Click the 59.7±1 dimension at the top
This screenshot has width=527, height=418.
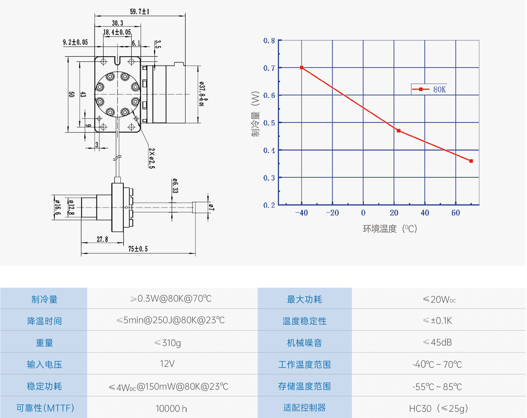click(x=139, y=12)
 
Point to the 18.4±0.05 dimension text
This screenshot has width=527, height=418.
click(x=117, y=32)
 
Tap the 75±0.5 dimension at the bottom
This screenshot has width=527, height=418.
click(x=138, y=249)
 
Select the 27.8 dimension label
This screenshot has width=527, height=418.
click(x=102, y=239)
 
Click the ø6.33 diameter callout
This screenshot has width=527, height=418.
click(x=175, y=186)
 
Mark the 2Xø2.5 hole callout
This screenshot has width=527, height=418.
click(x=152, y=158)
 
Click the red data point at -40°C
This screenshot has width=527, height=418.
click(x=302, y=68)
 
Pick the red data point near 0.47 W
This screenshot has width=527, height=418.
click(x=398, y=131)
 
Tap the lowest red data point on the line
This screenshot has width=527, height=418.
click(x=471, y=161)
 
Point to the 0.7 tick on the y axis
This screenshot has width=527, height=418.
click(x=269, y=68)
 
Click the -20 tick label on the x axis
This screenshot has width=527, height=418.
click(x=332, y=213)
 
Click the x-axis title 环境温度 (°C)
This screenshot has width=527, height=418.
click(x=389, y=229)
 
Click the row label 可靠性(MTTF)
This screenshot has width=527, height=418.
click(x=45, y=408)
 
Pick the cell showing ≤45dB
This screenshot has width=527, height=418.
click(x=437, y=342)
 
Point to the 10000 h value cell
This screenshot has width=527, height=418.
click(x=171, y=409)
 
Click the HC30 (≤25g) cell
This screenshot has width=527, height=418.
click(x=438, y=409)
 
